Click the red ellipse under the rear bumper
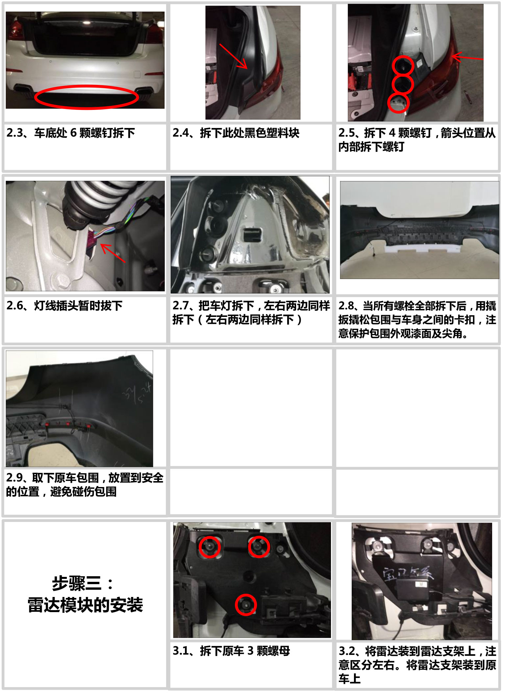(x=86, y=87)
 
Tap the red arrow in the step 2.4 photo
(x=233, y=56)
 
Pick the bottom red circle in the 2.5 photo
(x=398, y=103)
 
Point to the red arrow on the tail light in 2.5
(x=467, y=57)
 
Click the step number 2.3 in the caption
(x=15, y=133)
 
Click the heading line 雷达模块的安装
(x=85, y=605)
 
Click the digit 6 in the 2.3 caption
(x=73, y=133)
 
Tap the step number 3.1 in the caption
(x=181, y=651)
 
